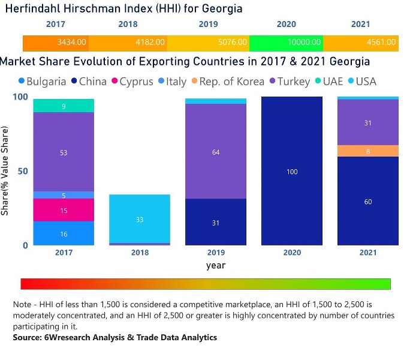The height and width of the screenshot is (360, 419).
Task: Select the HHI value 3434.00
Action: (x=72, y=43)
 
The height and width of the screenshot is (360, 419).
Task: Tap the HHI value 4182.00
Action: (x=149, y=43)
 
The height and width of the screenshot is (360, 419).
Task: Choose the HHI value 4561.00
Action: (x=381, y=43)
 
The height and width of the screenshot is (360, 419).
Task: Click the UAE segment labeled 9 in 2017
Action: (x=64, y=106)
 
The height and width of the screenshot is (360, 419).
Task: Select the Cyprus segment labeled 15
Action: (x=64, y=210)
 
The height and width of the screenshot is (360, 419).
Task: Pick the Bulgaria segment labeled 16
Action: (x=64, y=233)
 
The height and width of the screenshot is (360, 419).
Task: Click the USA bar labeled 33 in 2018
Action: (x=140, y=219)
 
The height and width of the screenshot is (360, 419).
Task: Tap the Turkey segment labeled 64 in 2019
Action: (x=216, y=152)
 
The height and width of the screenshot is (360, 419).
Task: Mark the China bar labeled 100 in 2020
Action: (x=292, y=172)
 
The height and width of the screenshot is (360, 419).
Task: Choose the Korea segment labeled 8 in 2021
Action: (x=368, y=151)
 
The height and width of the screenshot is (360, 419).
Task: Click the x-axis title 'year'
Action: (x=216, y=265)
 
